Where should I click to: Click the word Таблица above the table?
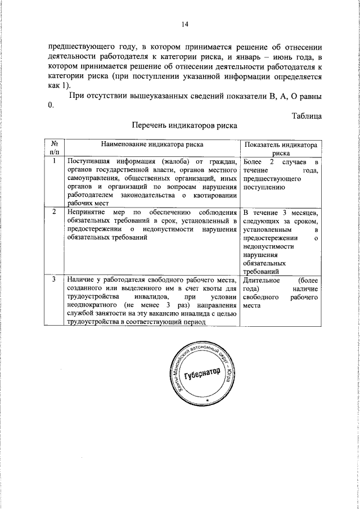307,116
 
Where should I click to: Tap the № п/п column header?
54,148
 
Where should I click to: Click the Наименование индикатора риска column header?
148,145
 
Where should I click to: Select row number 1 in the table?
54,161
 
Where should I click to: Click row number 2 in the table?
54,212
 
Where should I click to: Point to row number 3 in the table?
54,280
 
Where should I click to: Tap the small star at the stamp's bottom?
206,399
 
